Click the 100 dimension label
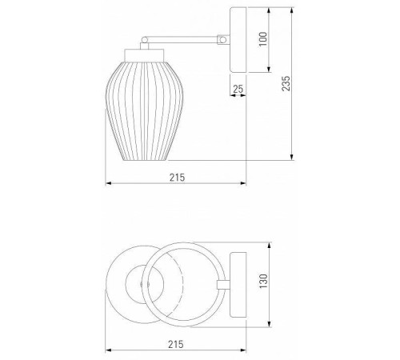(x=263, y=39)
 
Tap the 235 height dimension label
(x=286, y=83)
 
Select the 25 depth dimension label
(x=238, y=89)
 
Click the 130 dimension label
(x=263, y=281)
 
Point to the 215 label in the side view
(x=177, y=178)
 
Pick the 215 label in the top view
(x=176, y=344)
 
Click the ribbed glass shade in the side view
(x=145, y=111)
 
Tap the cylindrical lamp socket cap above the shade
(x=144, y=55)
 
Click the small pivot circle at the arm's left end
(x=145, y=40)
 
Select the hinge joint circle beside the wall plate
(x=223, y=40)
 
